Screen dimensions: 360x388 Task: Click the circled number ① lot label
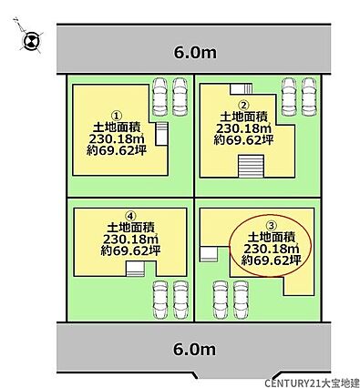pos(118,116)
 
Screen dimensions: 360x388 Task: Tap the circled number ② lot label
pos(243,106)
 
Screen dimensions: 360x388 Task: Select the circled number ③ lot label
pos(271,225)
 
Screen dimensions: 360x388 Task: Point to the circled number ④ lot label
pos(130,216)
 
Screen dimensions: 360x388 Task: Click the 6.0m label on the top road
pos(195,53)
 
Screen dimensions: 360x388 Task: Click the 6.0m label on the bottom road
pos(195,349)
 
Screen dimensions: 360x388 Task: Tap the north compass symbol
pos(31,41)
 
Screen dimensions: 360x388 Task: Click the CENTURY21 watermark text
pos(311,383)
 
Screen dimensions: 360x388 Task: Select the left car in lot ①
pos(159,97)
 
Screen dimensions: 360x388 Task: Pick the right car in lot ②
pos(308,97)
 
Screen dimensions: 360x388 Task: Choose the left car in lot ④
pos(159,300)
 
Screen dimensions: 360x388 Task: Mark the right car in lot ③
pos(241,300)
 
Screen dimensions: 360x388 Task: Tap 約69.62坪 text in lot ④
pos(130,250)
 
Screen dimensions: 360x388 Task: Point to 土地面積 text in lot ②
pos(243,117)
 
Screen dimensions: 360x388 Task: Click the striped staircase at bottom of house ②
pos(251,166)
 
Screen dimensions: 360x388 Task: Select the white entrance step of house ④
pos(135,270)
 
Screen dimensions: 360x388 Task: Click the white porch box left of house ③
pos(208,254)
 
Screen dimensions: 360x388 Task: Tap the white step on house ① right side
pos(161,134)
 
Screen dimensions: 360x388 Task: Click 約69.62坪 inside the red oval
pos(271,260)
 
